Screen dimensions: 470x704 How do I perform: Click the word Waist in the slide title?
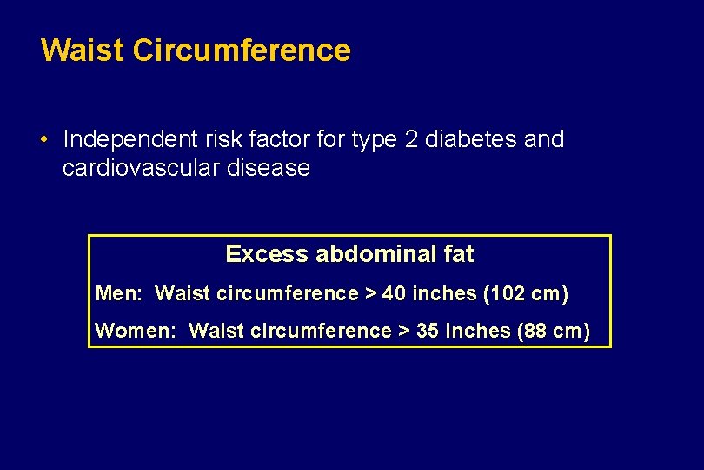coord(83,50)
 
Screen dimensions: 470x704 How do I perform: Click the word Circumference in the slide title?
coord(242,50)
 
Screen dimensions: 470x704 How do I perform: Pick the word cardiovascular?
coord(141,168)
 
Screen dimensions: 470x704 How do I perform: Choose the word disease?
coord(268,168)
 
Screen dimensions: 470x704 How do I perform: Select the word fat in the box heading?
coord(459,254)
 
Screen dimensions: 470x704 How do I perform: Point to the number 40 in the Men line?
coord(394,294)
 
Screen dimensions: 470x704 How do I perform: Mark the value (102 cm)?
coord(526,294)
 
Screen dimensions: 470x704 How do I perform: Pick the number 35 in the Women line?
coord(428,331)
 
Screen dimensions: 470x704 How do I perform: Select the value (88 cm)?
coord(554,331)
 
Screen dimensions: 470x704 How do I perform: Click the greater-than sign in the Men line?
coord(370,294)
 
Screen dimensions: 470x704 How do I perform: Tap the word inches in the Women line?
coord(477,331)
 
